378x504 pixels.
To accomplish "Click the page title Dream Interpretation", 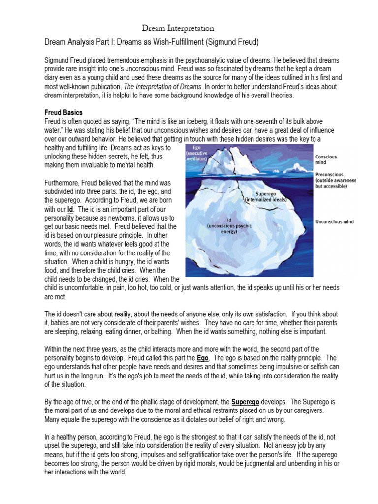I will pyautogui.click(x=178, y=28).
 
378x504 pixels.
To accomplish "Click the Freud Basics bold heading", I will pyautogui.click(x=63, y=113).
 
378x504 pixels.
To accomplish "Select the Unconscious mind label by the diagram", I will pyautogui.click(x=334, y=222).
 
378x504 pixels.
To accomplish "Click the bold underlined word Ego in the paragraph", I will pyautogui.click(x=203, y=358).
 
